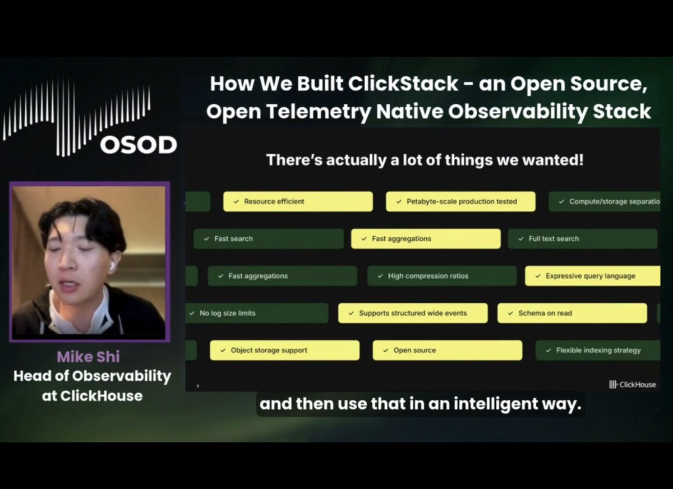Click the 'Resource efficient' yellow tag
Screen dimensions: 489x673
tap(298, 202)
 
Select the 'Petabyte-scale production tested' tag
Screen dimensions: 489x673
tap(460, 202)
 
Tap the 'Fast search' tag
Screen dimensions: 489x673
tap(269, 239)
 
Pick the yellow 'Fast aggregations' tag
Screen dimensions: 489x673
tap(426, 239)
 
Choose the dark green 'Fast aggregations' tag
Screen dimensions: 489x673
tap(282, 276)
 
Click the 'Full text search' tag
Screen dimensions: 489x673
tap(582, 239)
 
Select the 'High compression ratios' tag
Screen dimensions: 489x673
tap(442, 276)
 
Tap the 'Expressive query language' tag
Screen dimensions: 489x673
tap(592, 276)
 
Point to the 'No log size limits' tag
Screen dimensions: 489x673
tap(257, 313)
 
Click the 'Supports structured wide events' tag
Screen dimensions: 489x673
tap(413, 313)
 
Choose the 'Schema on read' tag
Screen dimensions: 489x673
tap(572, 313)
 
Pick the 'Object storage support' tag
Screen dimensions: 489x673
tap(285, 350)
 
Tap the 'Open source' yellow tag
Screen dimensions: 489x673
tap(447, 350)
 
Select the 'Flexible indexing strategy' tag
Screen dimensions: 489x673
tap(597, 350)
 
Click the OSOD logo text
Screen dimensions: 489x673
tap(139, 145)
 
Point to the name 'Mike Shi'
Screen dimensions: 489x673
tap(89, 357)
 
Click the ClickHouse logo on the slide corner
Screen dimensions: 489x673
tap(632, 384)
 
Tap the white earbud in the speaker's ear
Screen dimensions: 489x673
tap(112, 266)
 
